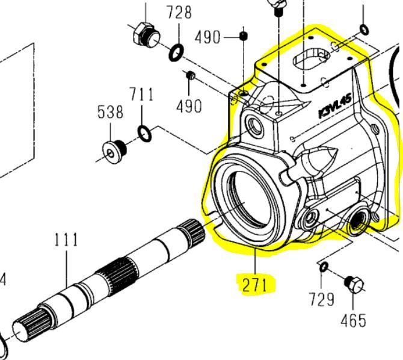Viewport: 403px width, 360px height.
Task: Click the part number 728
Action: tap(179, 13)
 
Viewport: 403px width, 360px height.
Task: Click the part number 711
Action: tap(141, 95)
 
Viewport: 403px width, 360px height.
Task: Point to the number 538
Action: tap(111, 112)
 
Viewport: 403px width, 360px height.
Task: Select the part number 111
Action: tap(66, 240)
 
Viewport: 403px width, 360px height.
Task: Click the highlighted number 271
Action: tap(254, 285)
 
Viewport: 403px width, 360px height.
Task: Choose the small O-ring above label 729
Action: tap(323, 267)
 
